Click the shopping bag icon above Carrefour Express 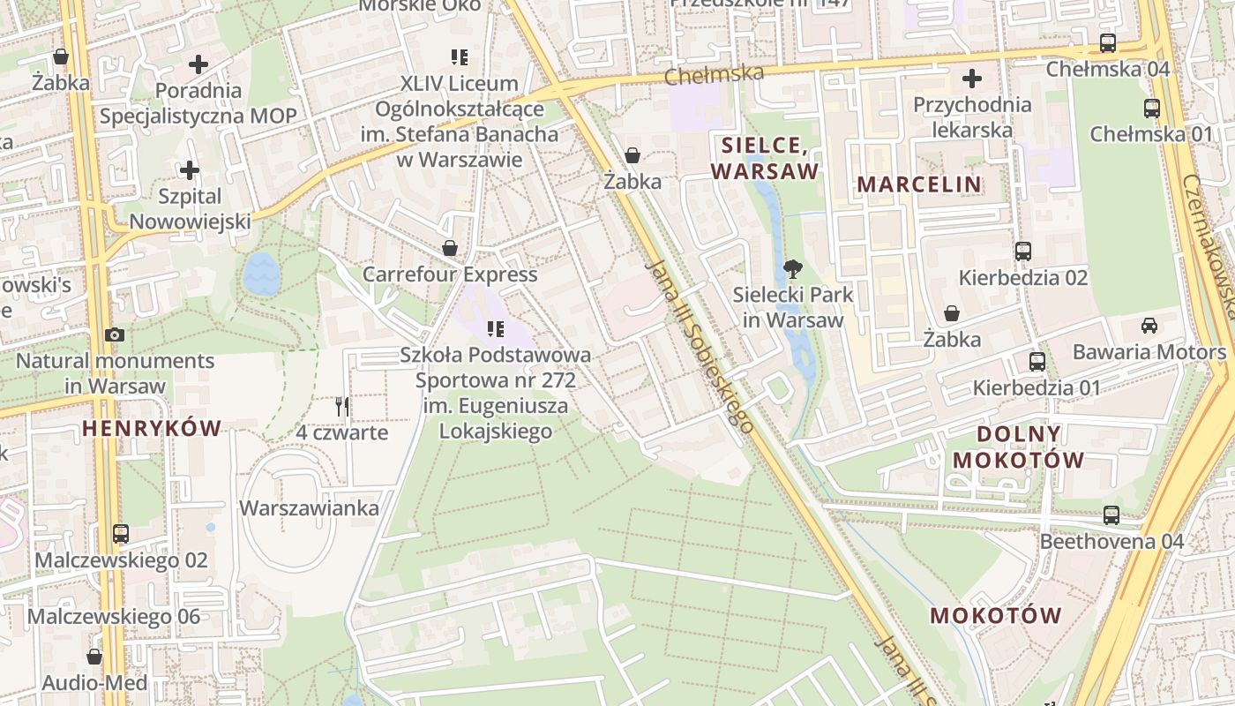click(450, 248)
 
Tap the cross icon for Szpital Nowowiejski click(189, 170)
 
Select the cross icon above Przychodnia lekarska click(972, 79)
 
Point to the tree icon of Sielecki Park click(793, 268)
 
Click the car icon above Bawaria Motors click(1149, 326)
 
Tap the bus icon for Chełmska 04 click(1108, 43)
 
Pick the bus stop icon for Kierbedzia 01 click(1037, 362)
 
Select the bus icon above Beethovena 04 click(1111, 515)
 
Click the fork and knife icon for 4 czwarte click(342, 407)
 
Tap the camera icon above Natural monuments click(115, 335)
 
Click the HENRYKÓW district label click(152, 429)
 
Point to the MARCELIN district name click(919, 184)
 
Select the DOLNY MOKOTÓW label click(1019, 447)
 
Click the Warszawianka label click(310, 508)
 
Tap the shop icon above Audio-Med click(94, 657)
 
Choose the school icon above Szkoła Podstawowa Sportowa click(496, 329)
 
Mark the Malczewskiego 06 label click(114, 616)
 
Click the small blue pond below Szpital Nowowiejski click(262, 274)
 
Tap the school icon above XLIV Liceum click(459, 57)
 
